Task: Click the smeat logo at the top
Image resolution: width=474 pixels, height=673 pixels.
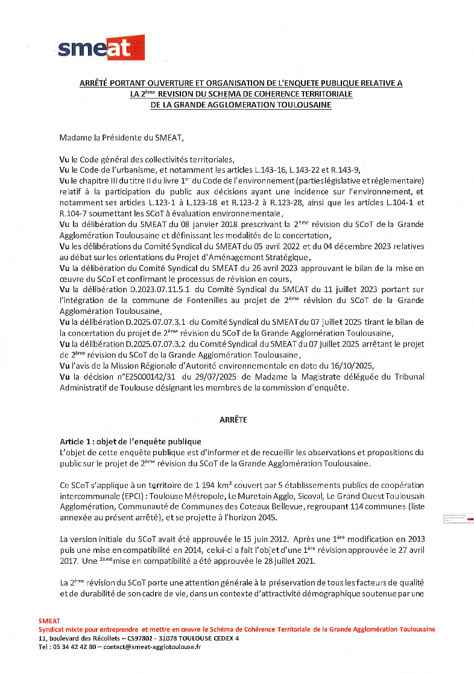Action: tap(101, 47)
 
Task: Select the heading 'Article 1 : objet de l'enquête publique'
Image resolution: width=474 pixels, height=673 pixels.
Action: tap(130, 441)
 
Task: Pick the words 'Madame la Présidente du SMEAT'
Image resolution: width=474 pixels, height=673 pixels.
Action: tap(121, 138)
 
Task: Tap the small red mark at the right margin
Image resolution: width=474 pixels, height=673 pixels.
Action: tap(470, 519)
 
